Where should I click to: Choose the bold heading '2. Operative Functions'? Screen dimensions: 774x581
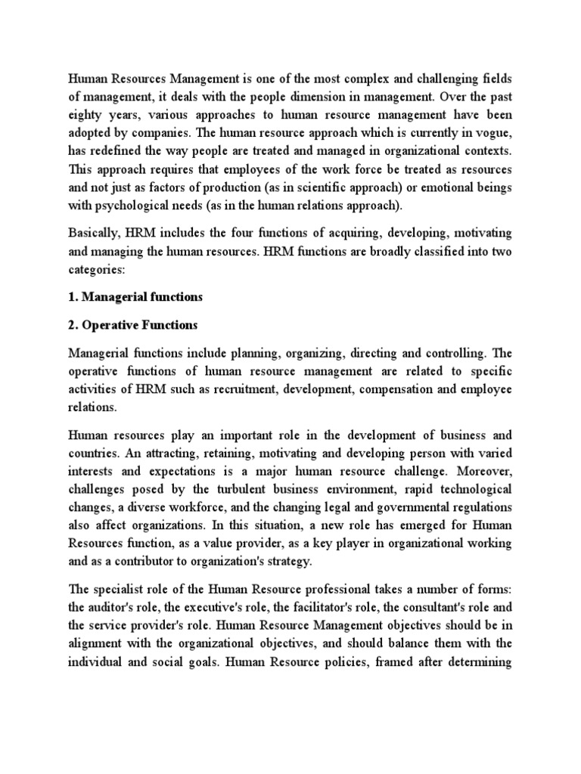click(x=132, y=326)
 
